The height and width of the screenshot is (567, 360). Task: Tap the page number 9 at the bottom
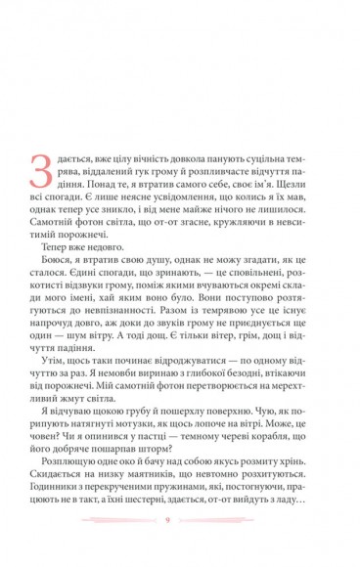click(x=180, y=545)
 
